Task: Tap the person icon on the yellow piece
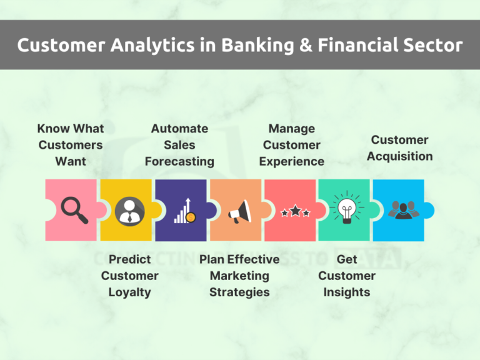pyautogui.click(x=129, y=211)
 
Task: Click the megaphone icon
pyautogui.click(x=239, y=212)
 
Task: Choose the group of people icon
pyautogui.click(x=401, y=209)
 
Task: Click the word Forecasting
pyautogui.click(x=179, y=161)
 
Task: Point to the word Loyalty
pyautogui.click(x=129, y=292)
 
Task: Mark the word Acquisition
pyautogui.click(x=399, y=156)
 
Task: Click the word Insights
pyautogui.click(x=347, y=292)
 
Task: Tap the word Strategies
pyautogui.click(x=239, y=292)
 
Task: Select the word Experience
pyautogui.click(x=292, y=161)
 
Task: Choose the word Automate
pyautogui.click(x=179, y=128)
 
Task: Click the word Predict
pyautogui.click(x=129, y=259)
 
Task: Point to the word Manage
pyautogui.click(x=292, y=128)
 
